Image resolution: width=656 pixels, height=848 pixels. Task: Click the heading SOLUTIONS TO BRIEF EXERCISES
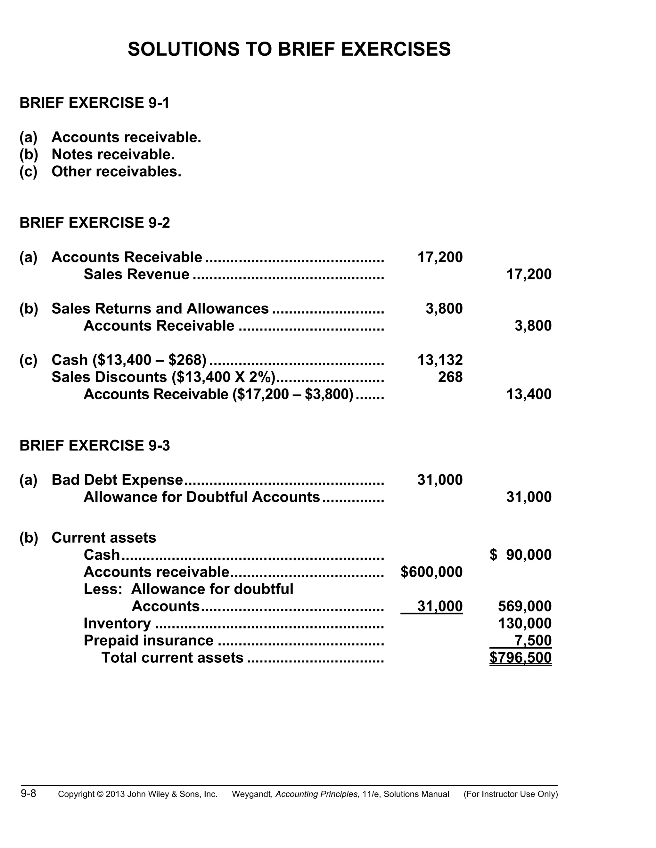(289, 49)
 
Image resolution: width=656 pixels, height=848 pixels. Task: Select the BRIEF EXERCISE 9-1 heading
(94, 103)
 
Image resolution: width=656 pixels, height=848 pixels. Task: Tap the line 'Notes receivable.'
(113, 155)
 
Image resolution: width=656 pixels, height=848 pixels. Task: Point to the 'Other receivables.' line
(116, 172)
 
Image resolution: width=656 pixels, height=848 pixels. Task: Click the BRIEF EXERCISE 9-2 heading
(94, 223)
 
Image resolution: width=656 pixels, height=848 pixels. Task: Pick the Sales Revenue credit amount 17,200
(529, 275)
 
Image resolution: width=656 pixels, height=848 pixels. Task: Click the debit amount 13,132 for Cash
(440, 360)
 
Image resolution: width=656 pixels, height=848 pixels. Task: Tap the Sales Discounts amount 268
(450, 377)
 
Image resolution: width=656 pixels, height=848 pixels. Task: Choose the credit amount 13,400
(529, 395)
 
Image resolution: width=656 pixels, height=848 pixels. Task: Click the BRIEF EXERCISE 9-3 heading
(94, 445)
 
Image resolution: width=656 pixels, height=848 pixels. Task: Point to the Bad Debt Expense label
(117, 480)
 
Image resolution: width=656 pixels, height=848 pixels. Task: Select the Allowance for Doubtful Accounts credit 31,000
(529, 497)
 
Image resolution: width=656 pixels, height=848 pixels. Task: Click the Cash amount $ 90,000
(521, 555)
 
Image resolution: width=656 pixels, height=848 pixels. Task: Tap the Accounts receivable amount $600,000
(431, 572)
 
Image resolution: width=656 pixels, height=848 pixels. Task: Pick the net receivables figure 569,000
(525, 606)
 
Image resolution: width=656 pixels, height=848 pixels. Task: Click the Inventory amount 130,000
(525, 623)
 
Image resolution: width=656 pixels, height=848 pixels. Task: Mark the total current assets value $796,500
(521, 658)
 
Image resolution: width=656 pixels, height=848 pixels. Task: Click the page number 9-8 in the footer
(29, 794)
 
